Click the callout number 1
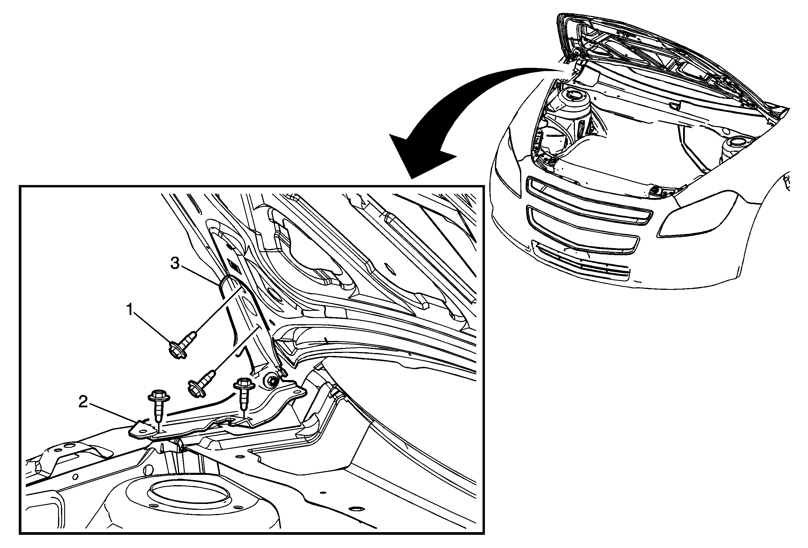(x=130, y=310)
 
